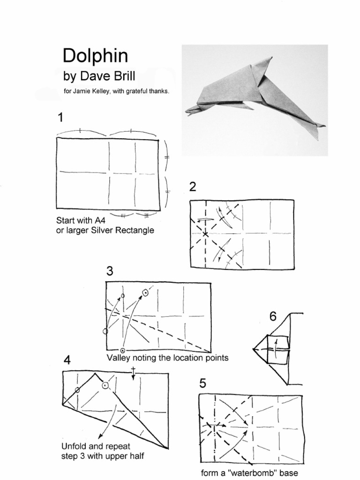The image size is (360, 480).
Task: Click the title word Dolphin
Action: point(95,56)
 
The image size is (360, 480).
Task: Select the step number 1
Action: point(60,118)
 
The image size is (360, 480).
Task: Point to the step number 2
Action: point(193,187)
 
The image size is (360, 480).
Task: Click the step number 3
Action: point(110,271)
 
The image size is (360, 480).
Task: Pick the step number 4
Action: point(67,360)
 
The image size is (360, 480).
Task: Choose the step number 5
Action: point(202,383)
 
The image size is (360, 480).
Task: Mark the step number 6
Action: point(273,316)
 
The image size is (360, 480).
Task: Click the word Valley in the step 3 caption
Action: point(118,358)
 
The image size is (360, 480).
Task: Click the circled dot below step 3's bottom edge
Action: point(123,350)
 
